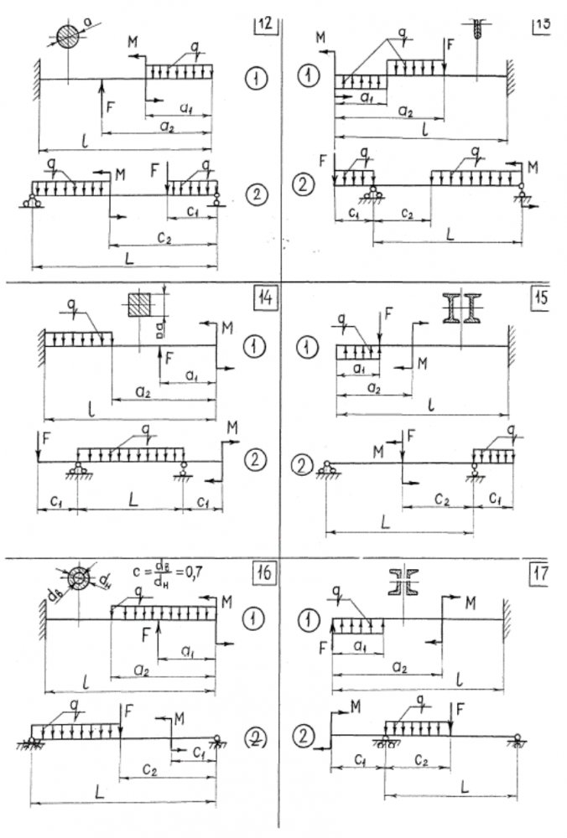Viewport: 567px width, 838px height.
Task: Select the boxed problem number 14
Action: [263, 297]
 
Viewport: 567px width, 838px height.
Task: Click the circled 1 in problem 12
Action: [253, 78]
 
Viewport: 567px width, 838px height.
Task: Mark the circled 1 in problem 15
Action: [310, 345]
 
